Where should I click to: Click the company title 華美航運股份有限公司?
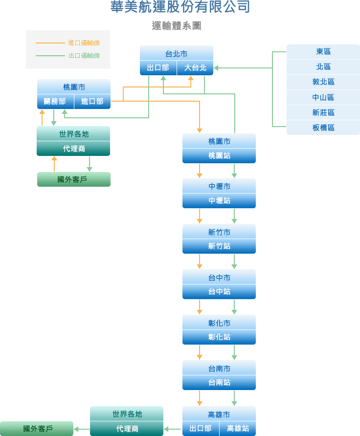click(180, 7)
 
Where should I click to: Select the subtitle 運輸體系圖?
click(177, 26)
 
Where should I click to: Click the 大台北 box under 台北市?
click(195, 68)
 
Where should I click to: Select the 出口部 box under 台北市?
click(158, 68)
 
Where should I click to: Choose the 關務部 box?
click(55, 102)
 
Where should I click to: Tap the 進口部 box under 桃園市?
click(92, 102)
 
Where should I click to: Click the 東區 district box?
click(323, 52)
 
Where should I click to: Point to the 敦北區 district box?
click(323, 82)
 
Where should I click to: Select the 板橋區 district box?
click(323, 128)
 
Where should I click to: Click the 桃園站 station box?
click(219, 156)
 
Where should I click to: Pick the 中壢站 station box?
click(219, 201)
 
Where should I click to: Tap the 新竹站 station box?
click(219, 246)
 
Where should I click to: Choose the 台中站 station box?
click(219, 292)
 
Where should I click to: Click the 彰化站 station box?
click(219, 337)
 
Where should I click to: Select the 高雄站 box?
click(238, 429)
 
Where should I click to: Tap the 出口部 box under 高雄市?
click(201, 429)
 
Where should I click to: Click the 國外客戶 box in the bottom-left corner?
click(37, 429)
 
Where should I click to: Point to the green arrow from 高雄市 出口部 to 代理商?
click(173, 429)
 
